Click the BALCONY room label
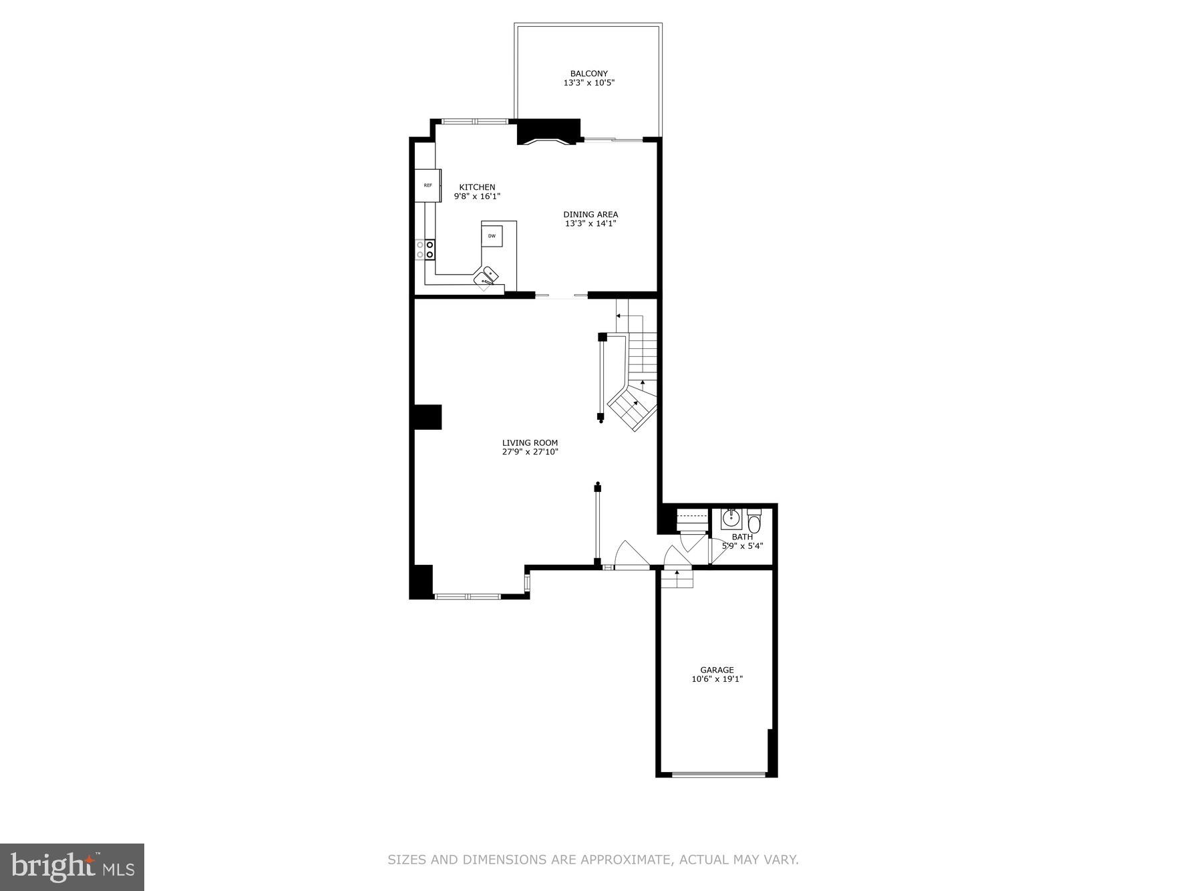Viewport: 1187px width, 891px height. (588, 74)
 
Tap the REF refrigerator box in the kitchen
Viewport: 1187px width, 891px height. (428, 185)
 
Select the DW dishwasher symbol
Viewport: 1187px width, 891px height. (492, 236)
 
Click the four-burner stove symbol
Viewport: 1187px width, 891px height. (425, 250)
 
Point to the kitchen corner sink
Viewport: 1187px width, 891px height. (488, 277)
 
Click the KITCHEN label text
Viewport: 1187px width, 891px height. (477, 187)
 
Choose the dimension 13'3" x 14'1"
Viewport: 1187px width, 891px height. (590, 224)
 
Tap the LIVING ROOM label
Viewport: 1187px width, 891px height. (530, 442)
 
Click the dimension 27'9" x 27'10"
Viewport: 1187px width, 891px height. (530, 452)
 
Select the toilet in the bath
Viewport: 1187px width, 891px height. (754, 521)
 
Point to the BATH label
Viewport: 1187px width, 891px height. (741, 537)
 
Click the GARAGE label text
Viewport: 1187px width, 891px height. (717, 670)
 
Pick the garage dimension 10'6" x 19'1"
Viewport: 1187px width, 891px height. (717, 679)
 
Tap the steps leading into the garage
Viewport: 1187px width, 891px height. (677, 578)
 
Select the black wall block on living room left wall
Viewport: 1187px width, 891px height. (428, 416)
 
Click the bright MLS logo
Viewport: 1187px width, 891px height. (72, 867)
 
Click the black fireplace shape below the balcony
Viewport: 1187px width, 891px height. (548, 131)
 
